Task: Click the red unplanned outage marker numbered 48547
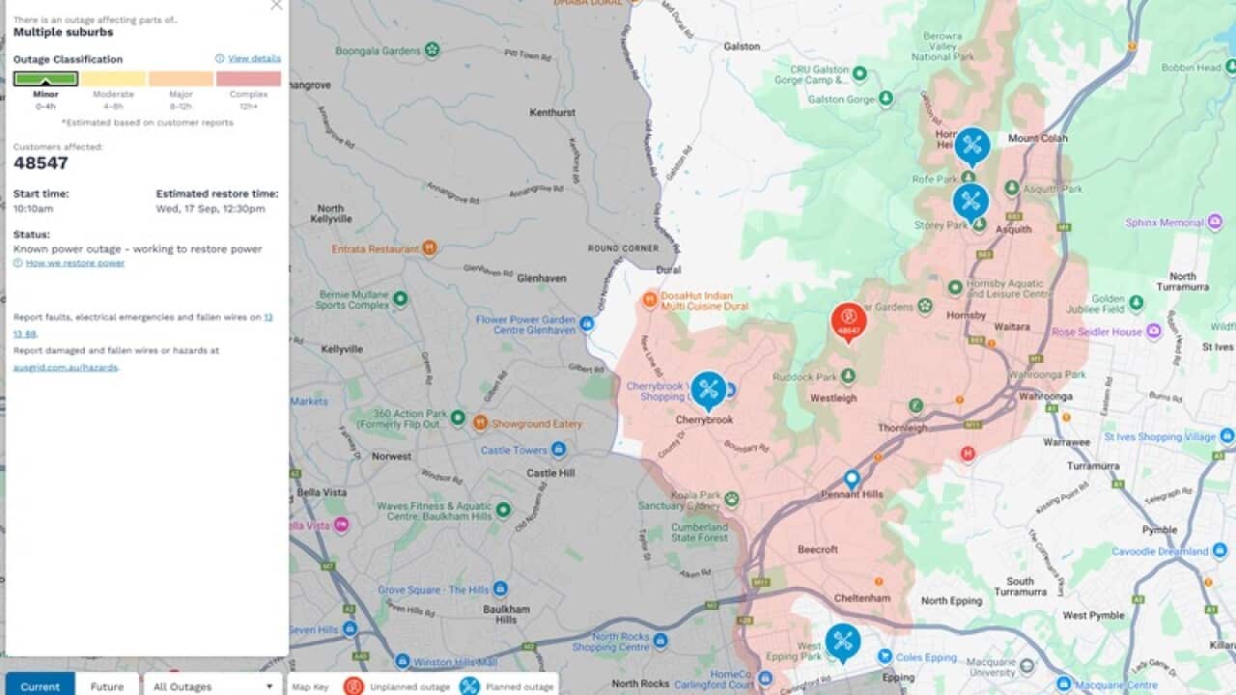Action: (848, 321)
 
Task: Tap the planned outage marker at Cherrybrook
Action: (709, 389)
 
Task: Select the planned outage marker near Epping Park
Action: (843, 641)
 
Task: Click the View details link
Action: (254, 58)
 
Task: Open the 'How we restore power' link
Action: (74, 263)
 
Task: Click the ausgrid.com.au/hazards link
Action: (65, 368)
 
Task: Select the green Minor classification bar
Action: (45, 78)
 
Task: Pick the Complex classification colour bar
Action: (248, 78)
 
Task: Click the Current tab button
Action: (40, 686)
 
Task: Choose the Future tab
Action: (107, 686)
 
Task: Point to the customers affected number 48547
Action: (41, 163)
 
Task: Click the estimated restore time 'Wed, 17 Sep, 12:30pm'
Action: (211, 208)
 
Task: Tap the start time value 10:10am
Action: (34, 208)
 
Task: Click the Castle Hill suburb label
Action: (550, 473)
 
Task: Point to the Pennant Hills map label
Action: (852, 494)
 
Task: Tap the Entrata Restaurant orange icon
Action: (430, 248)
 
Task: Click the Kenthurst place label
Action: (552, 113)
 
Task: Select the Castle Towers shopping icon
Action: (558, 450)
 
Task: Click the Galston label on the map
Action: (742, 46)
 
